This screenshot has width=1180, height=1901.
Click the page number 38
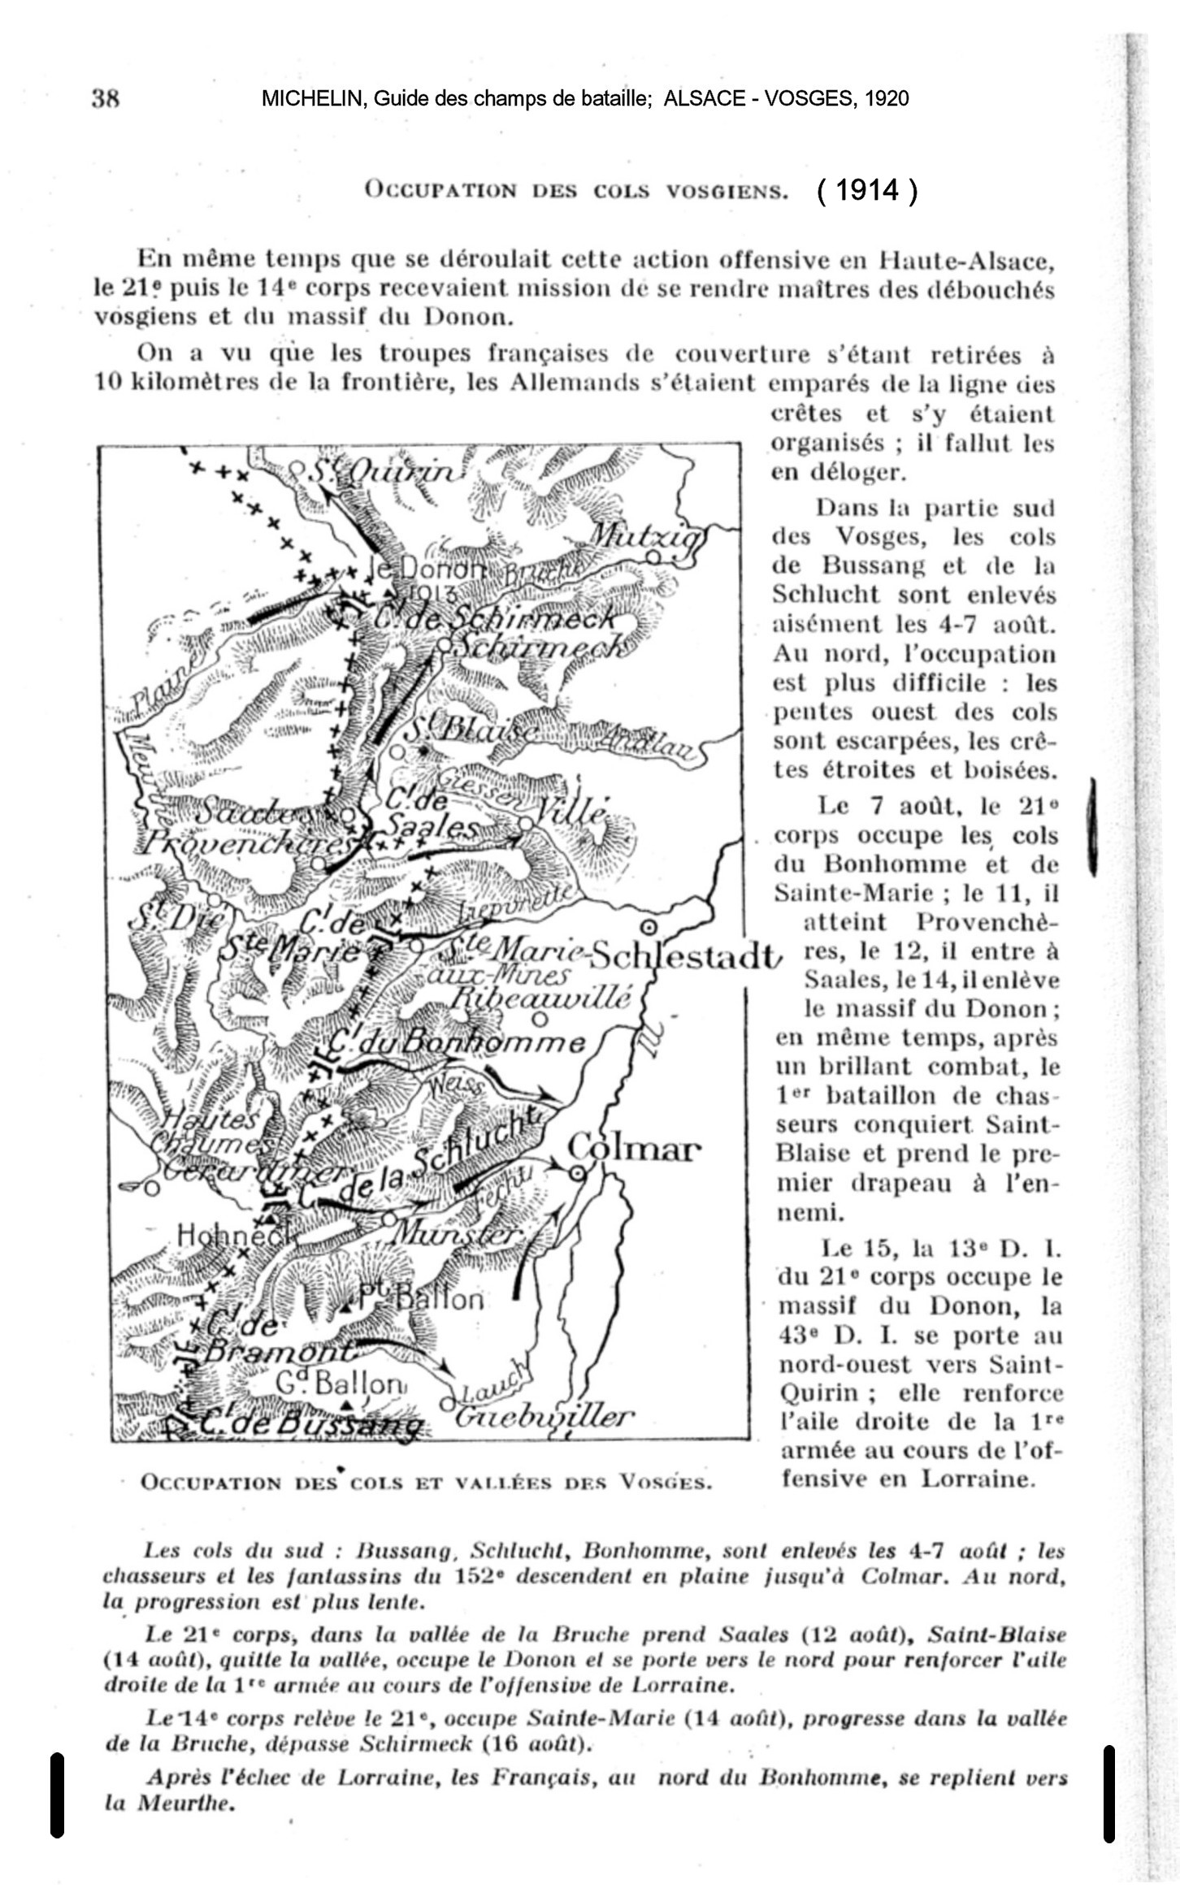point(106,99)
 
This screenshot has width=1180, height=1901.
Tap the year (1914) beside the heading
point(868,190)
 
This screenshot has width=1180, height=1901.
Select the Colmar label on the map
point(634,1150)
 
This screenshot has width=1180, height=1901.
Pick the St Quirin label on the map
point(382,472)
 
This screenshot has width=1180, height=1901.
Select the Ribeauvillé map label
point(540,996)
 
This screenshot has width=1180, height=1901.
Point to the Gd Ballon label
point(339,1383)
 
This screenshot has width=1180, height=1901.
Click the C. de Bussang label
point(309,1424)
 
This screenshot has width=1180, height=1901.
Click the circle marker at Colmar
point(577,1173)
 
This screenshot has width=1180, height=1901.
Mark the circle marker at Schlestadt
point(649,927)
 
